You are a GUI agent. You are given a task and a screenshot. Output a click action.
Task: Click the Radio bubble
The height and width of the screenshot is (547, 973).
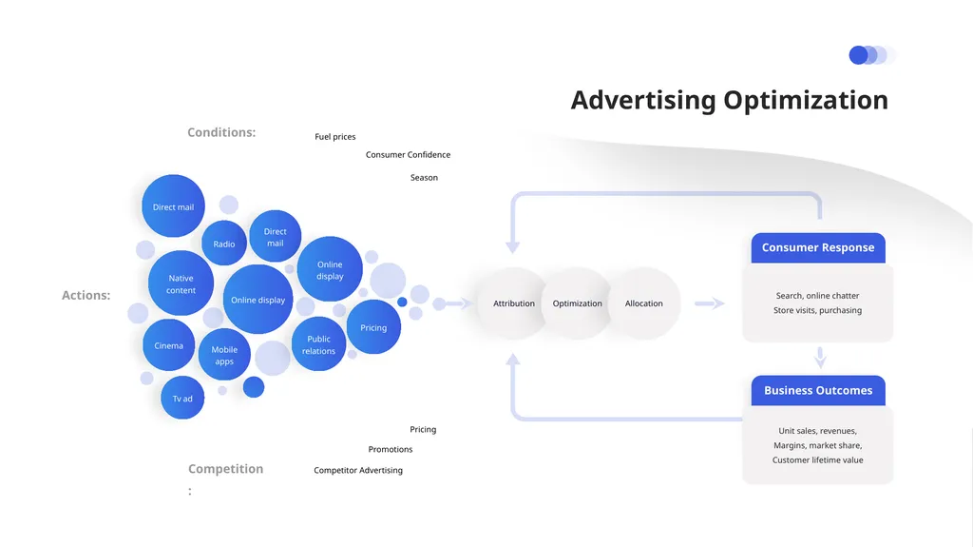[224, 244]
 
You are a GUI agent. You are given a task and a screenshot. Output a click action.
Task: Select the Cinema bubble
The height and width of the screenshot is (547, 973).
[169, 345]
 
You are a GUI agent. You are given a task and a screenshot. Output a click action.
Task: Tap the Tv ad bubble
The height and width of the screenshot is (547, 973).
[182, 398]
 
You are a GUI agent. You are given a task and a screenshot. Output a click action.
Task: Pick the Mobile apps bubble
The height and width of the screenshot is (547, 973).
[224, 355]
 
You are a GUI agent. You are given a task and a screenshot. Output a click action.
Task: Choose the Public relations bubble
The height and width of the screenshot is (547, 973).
[318, 344]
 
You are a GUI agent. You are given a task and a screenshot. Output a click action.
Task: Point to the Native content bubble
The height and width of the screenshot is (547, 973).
[181, 283]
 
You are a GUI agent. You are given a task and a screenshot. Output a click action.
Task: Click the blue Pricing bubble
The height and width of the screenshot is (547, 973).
[373, 327]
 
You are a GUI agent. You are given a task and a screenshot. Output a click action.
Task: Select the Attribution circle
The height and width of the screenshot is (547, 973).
[514, 303]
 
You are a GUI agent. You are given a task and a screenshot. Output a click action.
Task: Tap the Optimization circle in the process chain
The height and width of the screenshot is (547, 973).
[577, 303]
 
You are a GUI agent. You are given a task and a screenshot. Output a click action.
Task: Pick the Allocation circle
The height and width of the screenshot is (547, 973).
[644, 303]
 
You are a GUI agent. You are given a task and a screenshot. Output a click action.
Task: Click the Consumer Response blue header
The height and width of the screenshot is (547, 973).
[818, 248]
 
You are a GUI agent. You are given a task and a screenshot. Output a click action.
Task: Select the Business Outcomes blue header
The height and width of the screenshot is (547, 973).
[818, 390]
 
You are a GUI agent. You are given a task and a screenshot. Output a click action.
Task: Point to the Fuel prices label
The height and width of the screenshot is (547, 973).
[335, 137]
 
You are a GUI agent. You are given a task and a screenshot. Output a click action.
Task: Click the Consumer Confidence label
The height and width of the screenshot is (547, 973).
[408, 155]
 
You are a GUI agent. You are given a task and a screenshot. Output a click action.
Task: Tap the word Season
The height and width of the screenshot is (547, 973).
[424, 178]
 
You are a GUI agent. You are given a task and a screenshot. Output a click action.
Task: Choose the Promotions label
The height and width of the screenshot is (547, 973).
[391, 449]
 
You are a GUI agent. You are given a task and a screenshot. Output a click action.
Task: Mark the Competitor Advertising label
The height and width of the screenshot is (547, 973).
[358, 471]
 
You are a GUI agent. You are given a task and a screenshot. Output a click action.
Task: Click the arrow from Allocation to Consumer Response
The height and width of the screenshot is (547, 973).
[709, 303]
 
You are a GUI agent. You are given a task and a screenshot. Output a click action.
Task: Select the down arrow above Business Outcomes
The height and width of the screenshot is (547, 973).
[820, 358]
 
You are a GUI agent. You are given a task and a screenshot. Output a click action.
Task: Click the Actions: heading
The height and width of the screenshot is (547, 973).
[86, 295]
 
